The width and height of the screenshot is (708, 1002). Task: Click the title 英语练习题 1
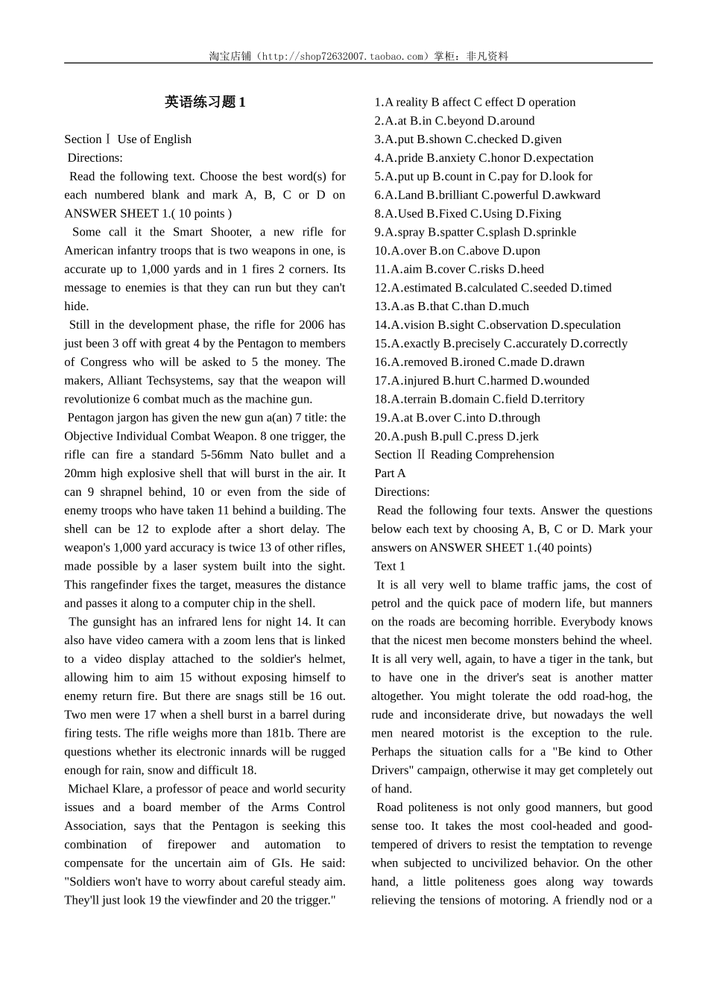(205, 102)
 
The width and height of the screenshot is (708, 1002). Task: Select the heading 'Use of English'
(154, 139)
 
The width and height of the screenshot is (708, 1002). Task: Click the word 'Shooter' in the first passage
(230, 232)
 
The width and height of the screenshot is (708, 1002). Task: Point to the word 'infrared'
(200, 622)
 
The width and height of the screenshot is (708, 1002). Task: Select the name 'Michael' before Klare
(88, 789)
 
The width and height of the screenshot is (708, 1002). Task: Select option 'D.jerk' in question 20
(522, 437)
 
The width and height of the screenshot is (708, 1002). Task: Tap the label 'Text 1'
(390, 567)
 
